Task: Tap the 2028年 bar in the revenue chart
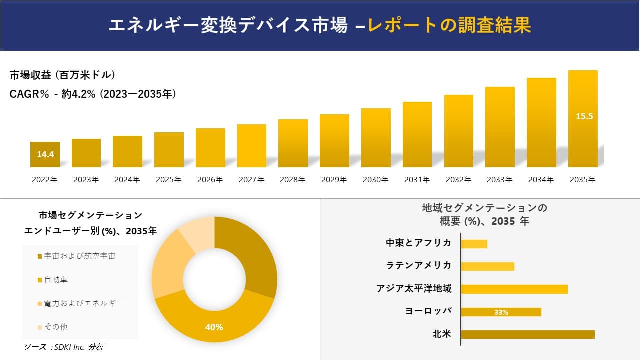(x=293, y=143)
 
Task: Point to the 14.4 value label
(x=45, y=155)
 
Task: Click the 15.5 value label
(x=583, y=116)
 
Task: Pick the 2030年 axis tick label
(x=375, y=180)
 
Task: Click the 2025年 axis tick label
(x=168, y=180)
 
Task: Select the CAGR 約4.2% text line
(x=93, y=94)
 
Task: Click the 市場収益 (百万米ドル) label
(x=63, y=75)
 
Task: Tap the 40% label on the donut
(x=214, y=327)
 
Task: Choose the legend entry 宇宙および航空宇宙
(x=79, y=256)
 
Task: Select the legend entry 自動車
(x=56, y=279)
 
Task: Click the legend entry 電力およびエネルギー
(x=83, y=303)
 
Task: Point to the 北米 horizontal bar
(x=527, y=334)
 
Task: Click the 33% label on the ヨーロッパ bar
(x=501, y=312)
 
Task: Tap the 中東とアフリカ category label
(x=418, y=243)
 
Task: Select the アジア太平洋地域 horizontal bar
(x=514, y=289)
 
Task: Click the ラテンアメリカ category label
(x=418, y=265)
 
